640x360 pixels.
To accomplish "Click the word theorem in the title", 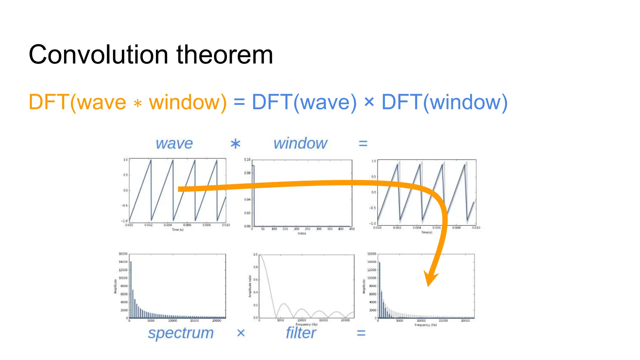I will point(225,55).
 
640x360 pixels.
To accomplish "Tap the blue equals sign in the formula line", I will point(239,102).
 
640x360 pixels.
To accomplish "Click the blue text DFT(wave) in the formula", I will point(304,102).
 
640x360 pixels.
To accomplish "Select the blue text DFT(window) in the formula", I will point(444,102).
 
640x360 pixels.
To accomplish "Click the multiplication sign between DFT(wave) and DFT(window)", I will point(369,102).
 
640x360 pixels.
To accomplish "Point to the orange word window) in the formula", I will point(188,102).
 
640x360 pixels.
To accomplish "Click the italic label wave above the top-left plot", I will point(174,143).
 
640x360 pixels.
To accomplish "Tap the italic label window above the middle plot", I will point(300,143).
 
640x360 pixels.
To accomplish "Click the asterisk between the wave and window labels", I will point(235,144).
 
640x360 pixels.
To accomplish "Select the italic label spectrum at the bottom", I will point(181,333).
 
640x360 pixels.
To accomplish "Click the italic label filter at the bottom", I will point(301,333).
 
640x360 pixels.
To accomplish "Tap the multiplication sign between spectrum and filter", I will point(241,333).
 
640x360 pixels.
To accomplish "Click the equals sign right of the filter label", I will point(361,333).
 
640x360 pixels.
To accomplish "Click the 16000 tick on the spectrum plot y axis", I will point(123,254).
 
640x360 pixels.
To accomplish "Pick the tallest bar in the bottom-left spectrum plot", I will point(131,289).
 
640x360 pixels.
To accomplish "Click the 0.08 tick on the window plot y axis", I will point(247,173).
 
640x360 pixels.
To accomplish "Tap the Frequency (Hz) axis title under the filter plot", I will point(307,324).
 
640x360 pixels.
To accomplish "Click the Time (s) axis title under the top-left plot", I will point(177,229).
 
